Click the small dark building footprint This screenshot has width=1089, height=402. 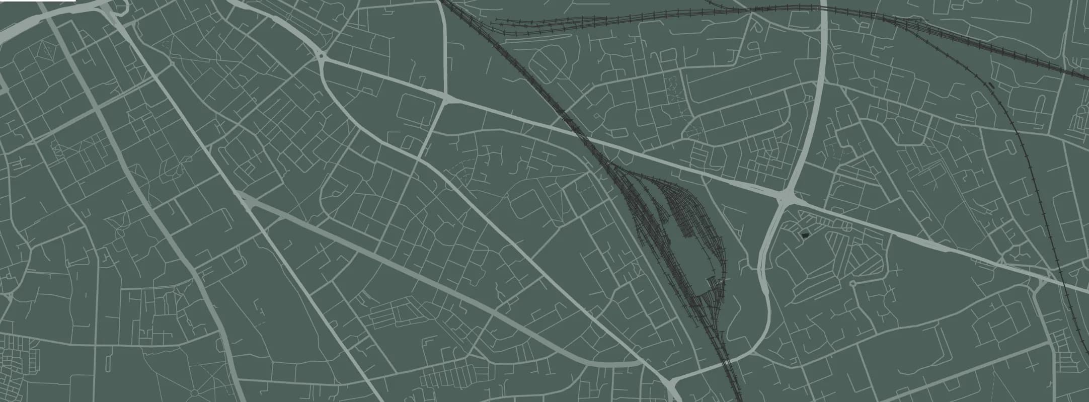tap(804, 235)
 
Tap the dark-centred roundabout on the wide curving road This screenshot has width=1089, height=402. tap(321, 56)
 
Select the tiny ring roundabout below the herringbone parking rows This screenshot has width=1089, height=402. tap(852, 283)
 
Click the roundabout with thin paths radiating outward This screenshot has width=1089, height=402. tap(195, 393)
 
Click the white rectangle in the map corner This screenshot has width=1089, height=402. tap(38, 1)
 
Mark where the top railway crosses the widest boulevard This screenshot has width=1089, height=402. tap(824, 7)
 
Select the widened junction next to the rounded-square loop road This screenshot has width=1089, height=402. tap(446, 98)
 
